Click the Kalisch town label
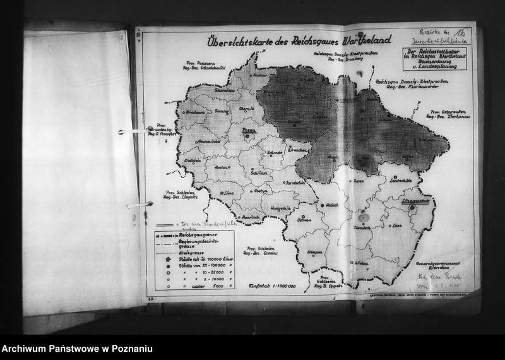click(x=333, y=205)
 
